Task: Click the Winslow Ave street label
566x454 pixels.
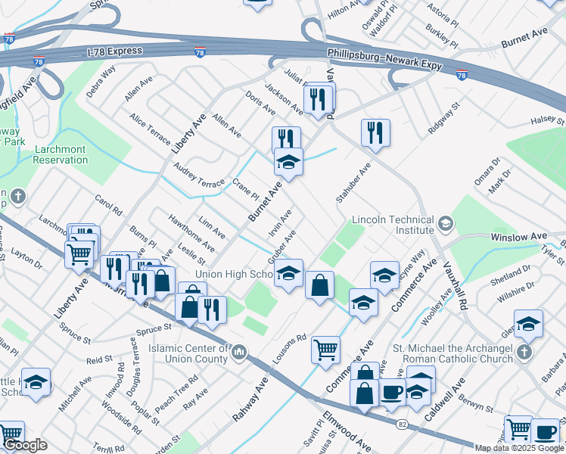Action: point(518,237)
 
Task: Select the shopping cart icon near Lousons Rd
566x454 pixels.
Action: point(326,349)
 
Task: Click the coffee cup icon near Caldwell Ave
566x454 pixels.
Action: point(392,393)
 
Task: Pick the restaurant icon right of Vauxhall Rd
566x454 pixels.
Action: point(375,132)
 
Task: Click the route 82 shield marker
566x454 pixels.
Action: point(400,425)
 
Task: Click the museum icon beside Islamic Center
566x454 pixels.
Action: point(239,352)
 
